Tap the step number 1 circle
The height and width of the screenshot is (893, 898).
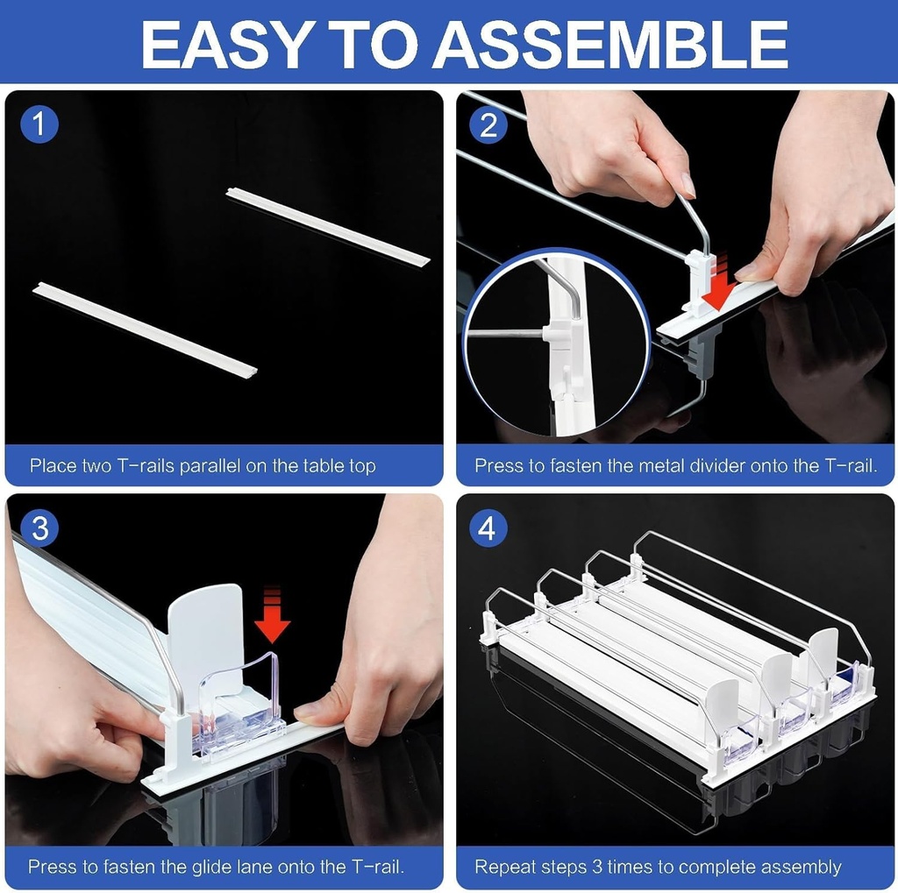(39, 124)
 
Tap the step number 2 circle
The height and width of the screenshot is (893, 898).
(488, 124)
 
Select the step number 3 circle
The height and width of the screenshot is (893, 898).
(39, 528)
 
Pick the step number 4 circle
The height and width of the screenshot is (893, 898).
(488, 528)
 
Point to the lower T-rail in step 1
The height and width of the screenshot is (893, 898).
(145, 327)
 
